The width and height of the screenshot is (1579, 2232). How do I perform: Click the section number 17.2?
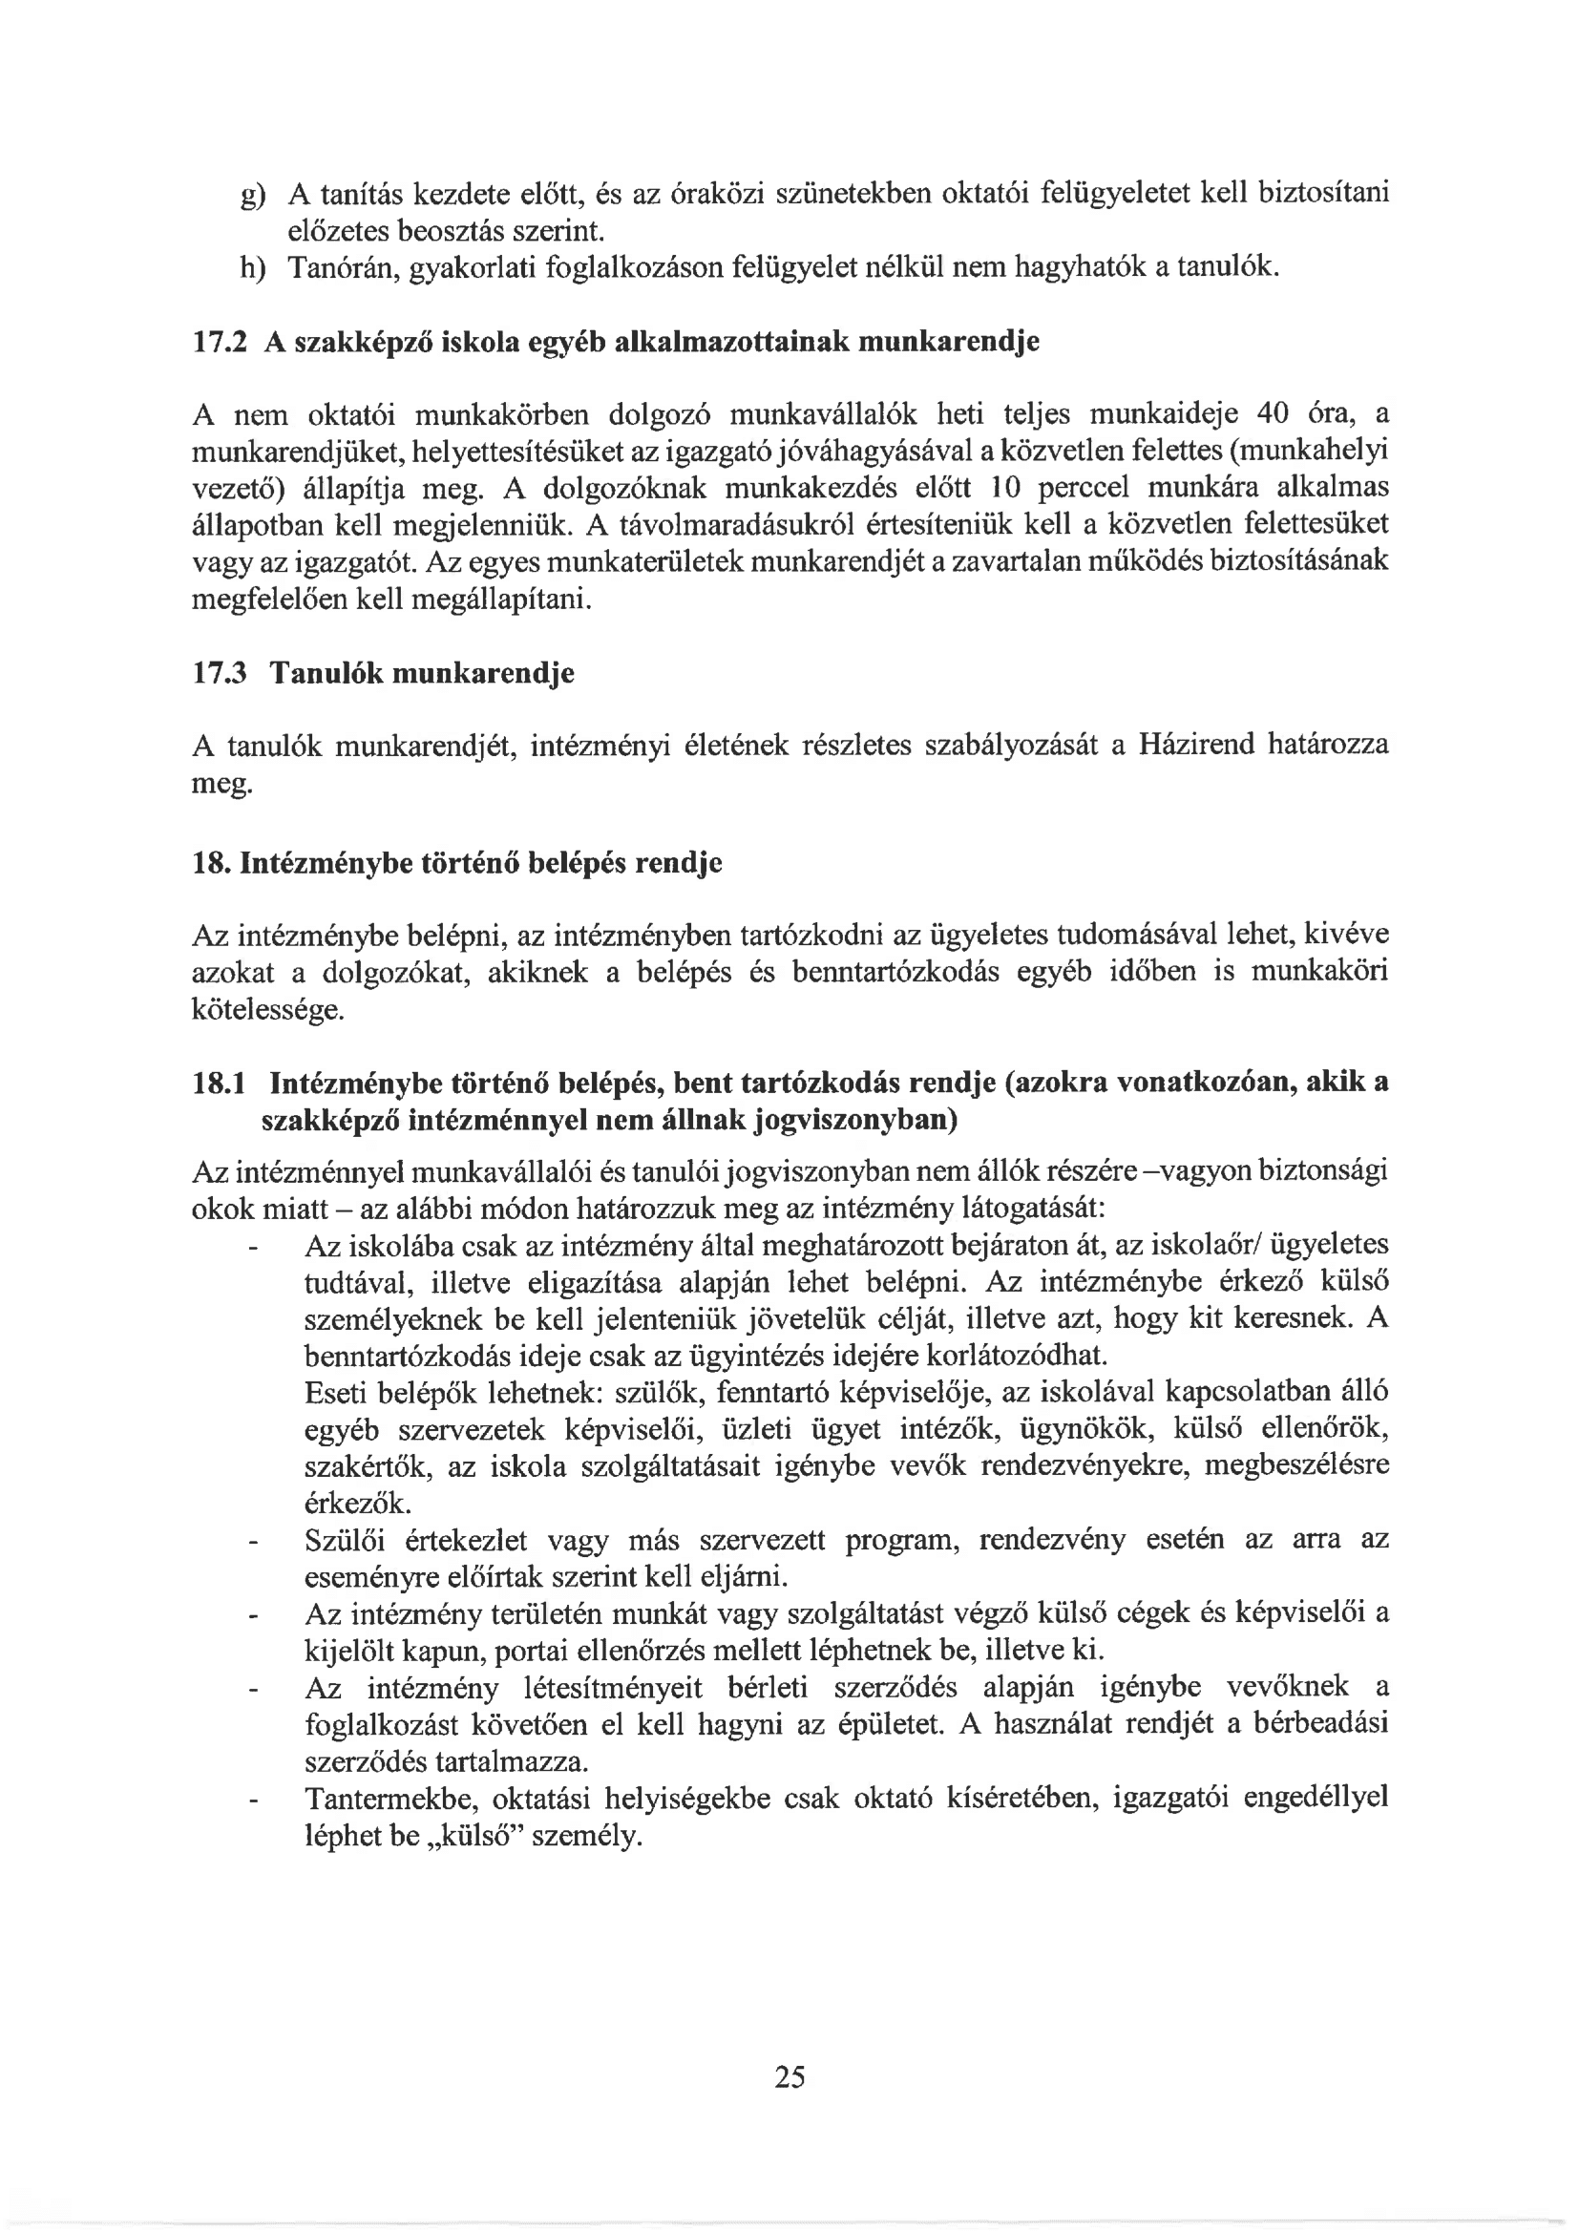pyautogui.click(x=220, y=342)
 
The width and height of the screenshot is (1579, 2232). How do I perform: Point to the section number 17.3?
pyautogui.click(x=220, y=673)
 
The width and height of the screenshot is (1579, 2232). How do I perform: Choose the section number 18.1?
pyautogui.click(x=220, y=1083)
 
